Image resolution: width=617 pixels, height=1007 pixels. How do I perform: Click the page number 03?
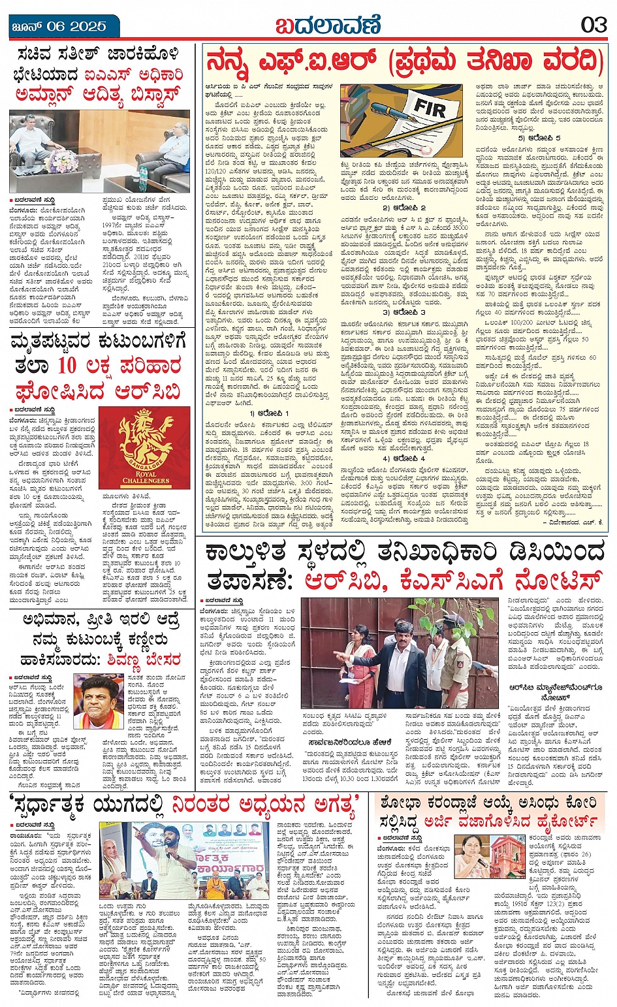593,25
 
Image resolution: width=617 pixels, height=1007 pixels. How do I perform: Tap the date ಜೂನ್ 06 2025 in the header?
59,26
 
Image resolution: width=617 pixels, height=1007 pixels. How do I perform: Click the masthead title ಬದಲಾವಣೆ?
326,25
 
